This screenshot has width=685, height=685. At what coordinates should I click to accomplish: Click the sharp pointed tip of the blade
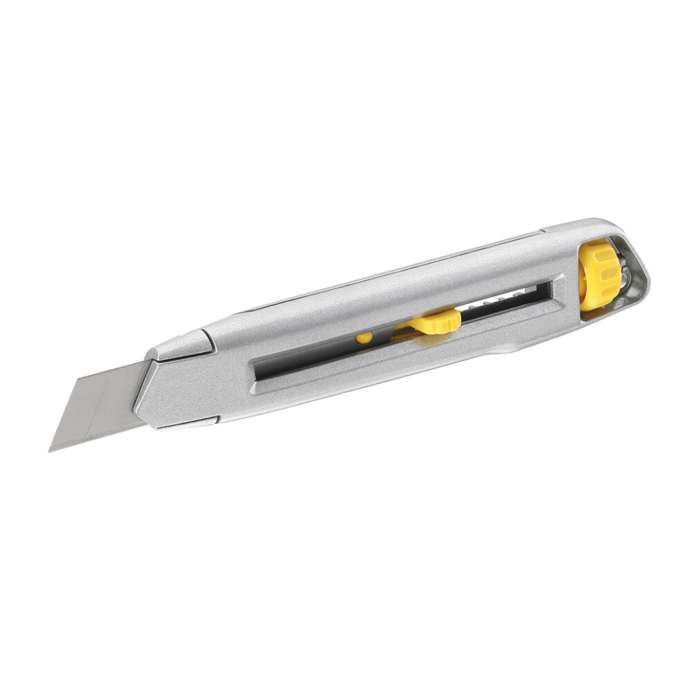point(51,450)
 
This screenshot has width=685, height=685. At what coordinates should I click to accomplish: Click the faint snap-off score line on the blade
point(104,401)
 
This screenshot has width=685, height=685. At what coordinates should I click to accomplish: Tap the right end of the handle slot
point(550,289)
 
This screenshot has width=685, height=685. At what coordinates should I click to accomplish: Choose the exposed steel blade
point(100,405)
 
